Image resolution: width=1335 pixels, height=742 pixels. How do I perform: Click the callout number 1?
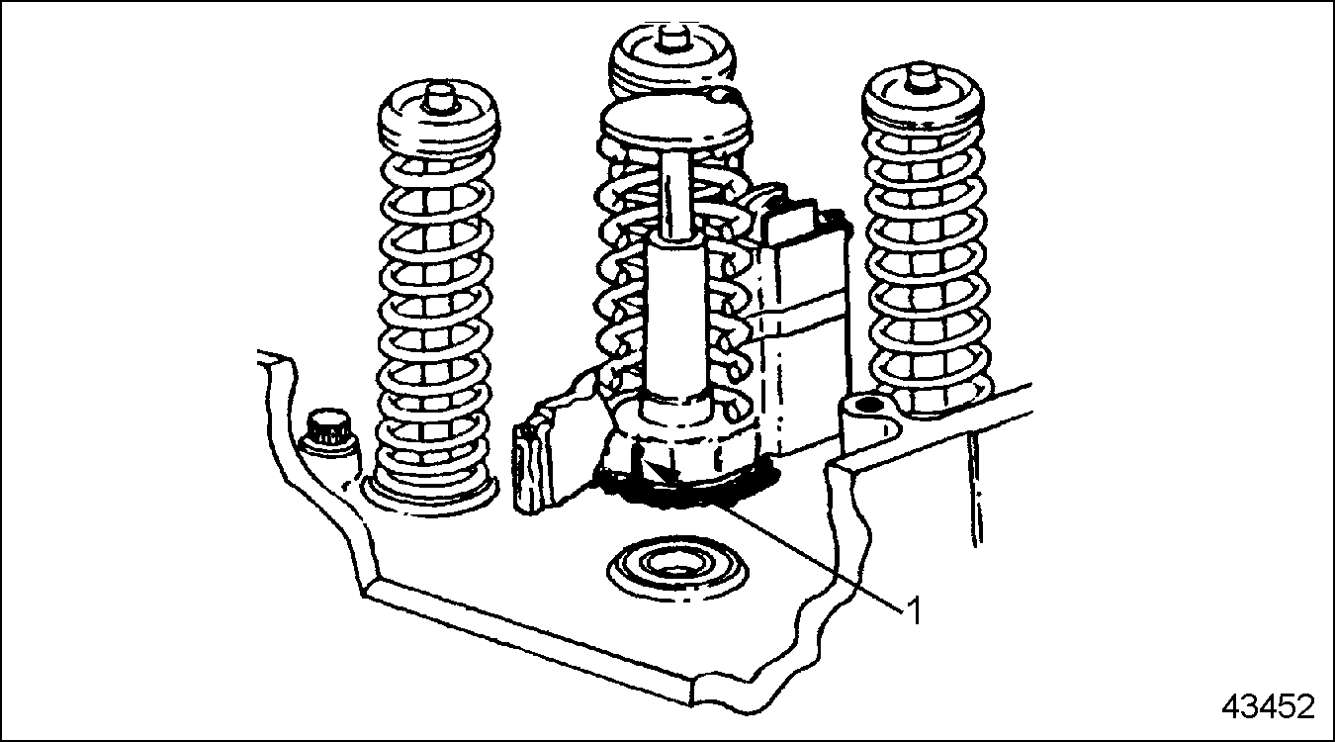[914, 610]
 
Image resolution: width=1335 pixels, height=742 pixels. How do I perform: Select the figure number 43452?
[1268, 707]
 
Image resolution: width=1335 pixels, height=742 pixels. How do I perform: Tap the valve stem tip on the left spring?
[439, 97]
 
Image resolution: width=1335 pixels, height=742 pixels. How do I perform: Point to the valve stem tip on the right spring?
[922, 77]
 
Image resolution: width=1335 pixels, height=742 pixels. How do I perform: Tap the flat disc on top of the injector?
[674, 123]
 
